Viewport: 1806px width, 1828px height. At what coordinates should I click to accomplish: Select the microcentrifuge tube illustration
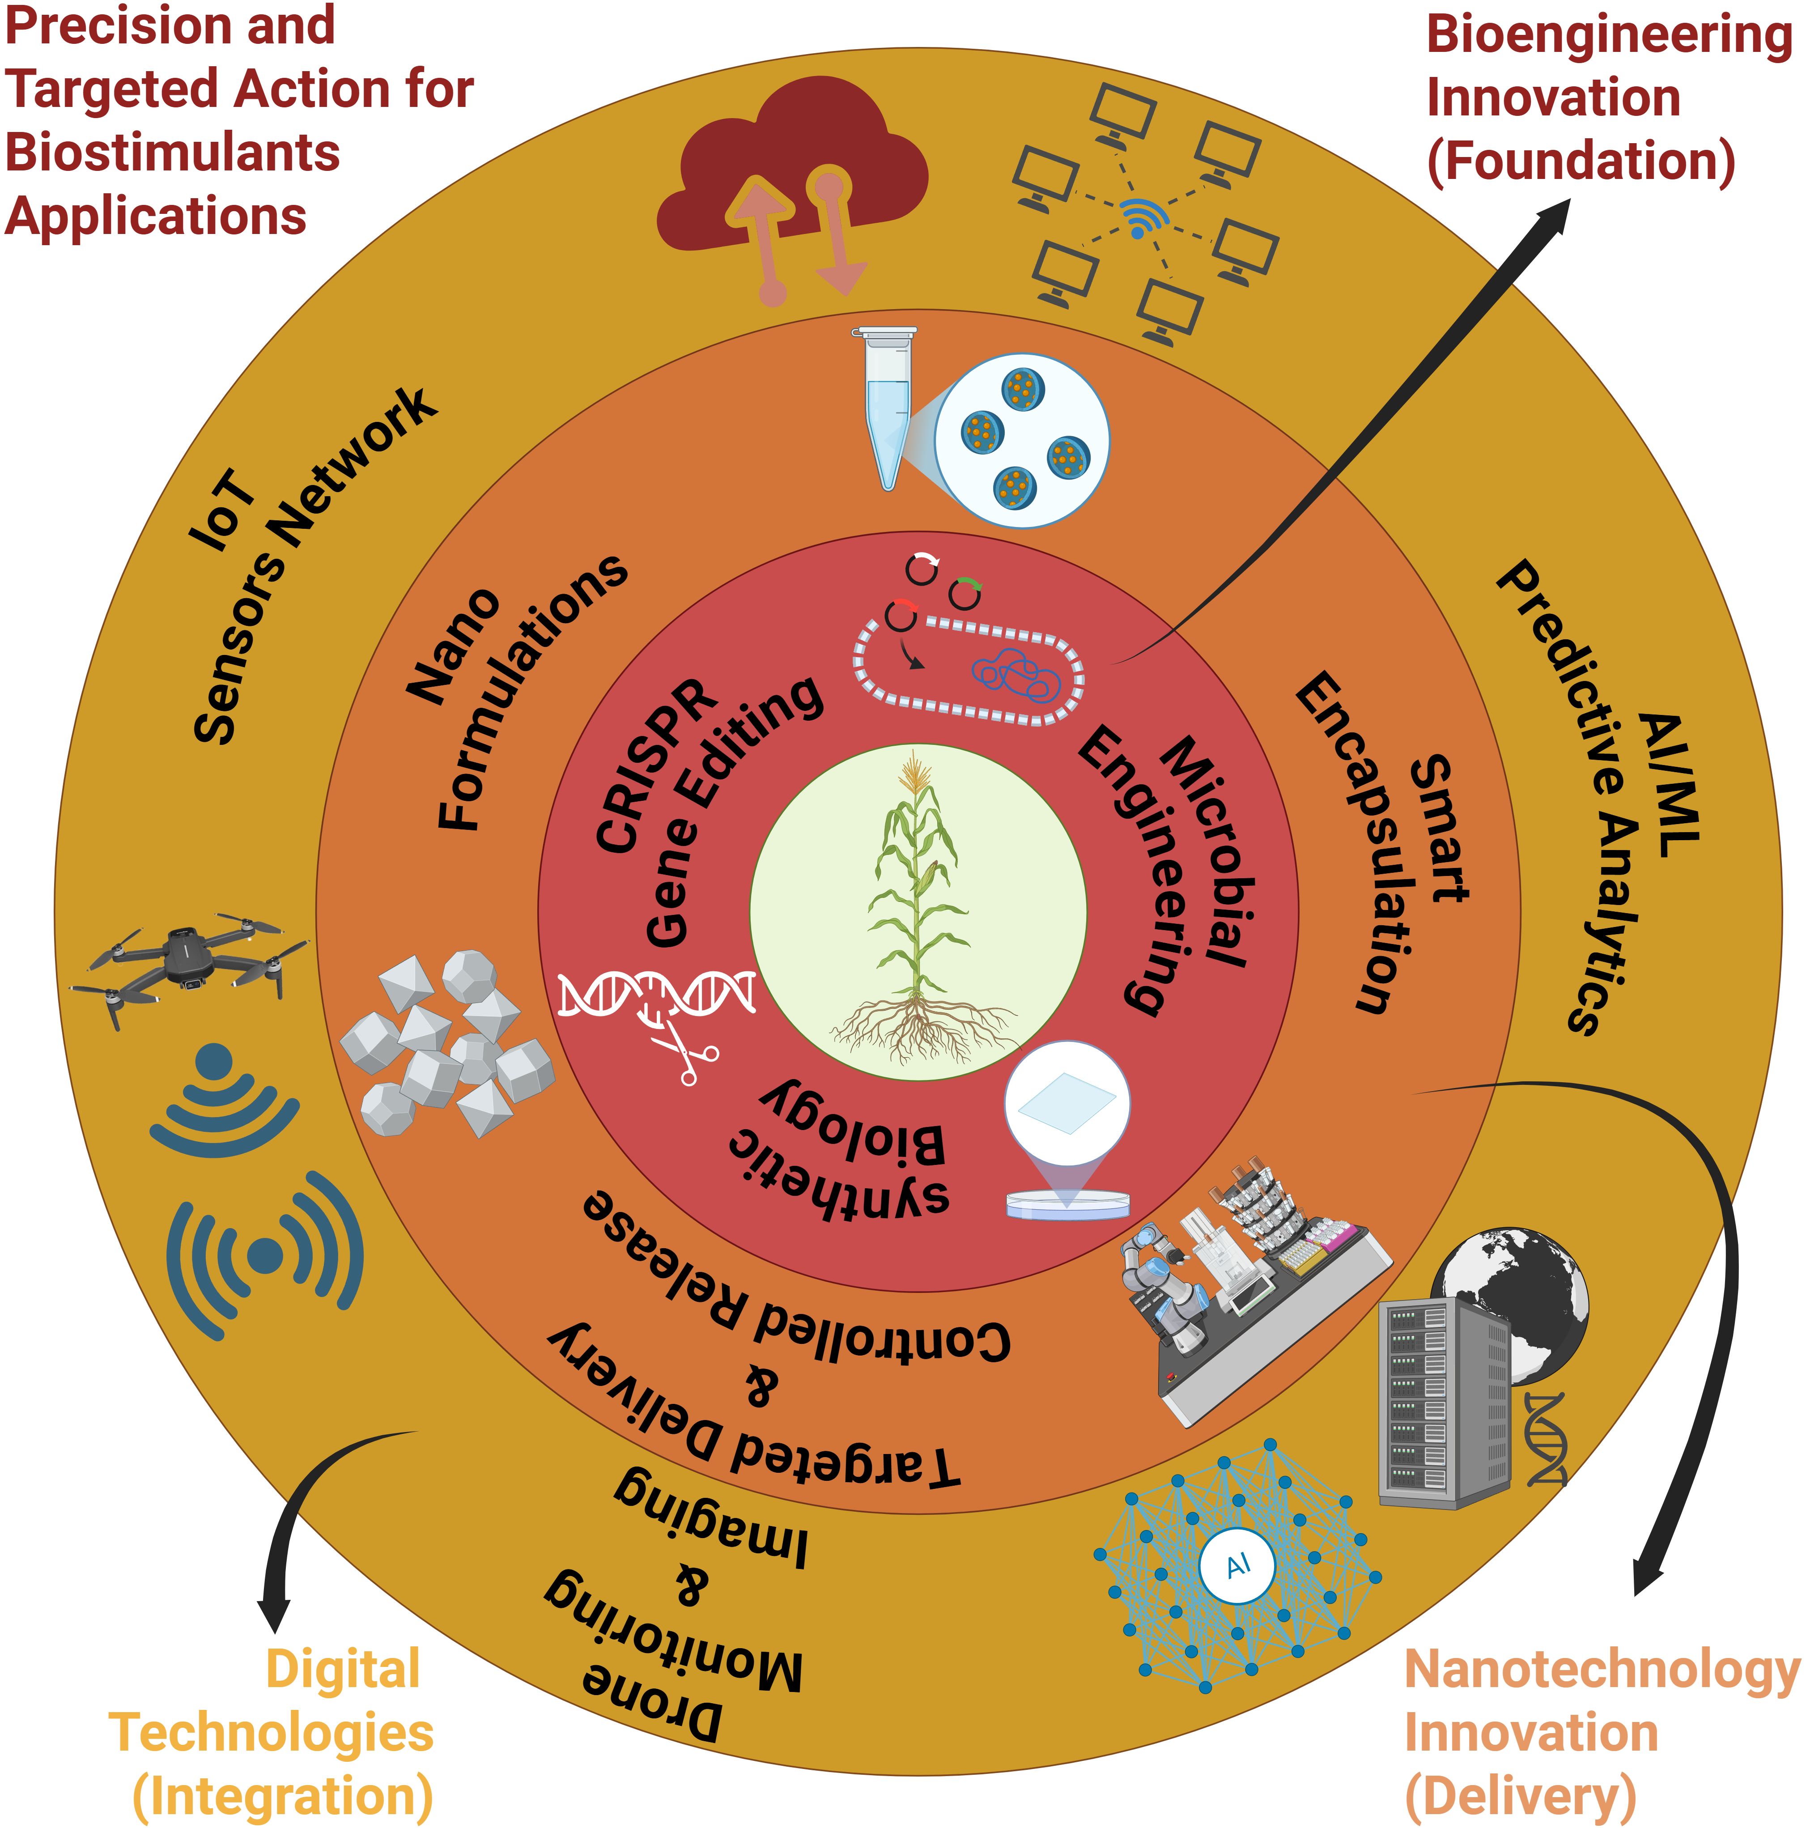(886, 407)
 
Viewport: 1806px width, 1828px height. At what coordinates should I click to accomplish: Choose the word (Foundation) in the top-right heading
(1580, 161)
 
